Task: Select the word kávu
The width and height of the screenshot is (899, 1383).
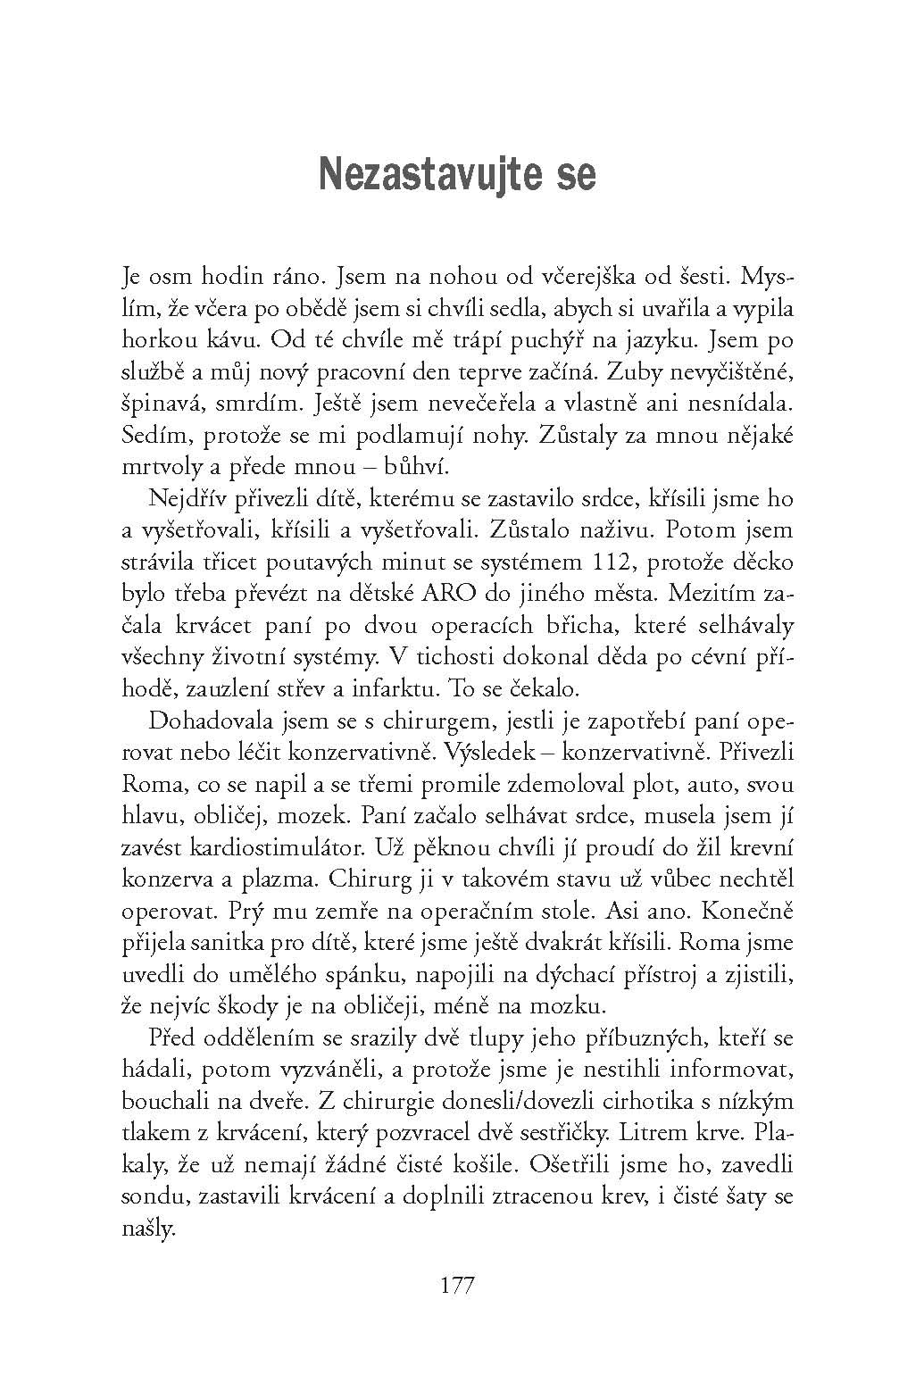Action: coord(227,340)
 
